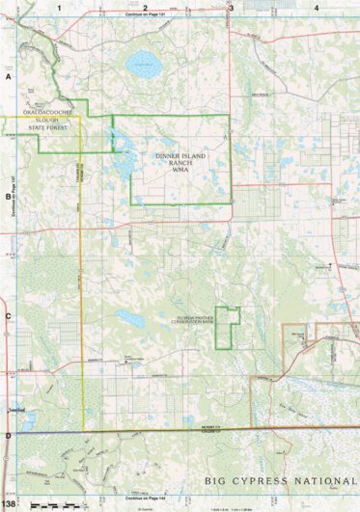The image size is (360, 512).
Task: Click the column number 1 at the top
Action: pos(60,7)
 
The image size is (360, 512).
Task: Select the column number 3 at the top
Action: pos(230,7)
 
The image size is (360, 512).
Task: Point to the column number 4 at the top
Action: pos(317,7)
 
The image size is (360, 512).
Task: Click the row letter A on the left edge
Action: pos(8,75)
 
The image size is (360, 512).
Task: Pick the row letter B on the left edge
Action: pos(8,195)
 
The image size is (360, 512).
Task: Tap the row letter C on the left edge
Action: pos(8,315)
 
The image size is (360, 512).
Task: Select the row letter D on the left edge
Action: pos(8,436)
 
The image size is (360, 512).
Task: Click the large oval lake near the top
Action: pos(143,66)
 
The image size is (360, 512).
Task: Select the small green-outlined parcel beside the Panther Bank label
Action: pos(227,325)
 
